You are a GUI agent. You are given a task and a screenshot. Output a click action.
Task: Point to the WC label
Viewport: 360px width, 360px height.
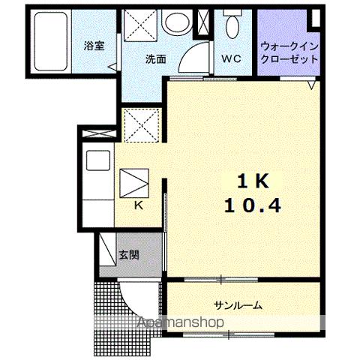tap(229, 58)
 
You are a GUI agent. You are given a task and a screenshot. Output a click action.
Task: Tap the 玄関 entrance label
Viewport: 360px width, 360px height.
tap(128, 254)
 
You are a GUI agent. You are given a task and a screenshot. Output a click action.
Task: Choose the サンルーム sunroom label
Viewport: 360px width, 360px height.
tap(238, 305)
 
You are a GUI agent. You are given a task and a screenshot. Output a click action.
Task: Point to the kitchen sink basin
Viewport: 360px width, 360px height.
tap(97, 160)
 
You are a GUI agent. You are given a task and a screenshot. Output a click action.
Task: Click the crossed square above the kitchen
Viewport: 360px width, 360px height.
tap(140, 125)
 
